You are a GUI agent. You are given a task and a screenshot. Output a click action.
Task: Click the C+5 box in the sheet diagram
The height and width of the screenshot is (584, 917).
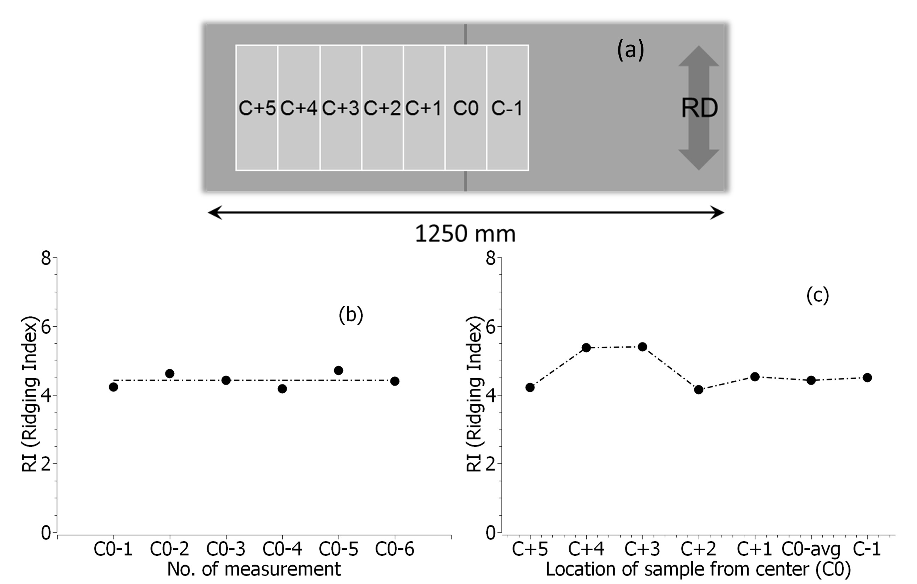point(257,108)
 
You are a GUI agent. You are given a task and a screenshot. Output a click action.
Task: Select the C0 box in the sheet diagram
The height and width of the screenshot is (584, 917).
point(465,108)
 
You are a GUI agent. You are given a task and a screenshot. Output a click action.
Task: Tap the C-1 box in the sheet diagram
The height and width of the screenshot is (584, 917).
point(507,108)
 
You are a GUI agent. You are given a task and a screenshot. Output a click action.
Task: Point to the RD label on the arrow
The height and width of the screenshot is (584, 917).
point(699,108)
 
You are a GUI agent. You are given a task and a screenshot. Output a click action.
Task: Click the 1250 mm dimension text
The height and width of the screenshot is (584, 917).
point(465,233)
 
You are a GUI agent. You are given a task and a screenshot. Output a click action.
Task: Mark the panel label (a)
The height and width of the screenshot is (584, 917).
point(630,50)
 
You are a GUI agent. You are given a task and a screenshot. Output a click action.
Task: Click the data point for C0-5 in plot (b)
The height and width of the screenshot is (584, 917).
point(338,370)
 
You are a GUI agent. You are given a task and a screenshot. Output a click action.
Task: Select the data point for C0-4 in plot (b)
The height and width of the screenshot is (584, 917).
point(282,389)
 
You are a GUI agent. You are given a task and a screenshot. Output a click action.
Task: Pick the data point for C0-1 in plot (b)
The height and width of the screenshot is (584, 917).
point(113,387)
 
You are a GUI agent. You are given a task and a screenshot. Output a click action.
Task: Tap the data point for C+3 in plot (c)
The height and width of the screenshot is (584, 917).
point(642,347)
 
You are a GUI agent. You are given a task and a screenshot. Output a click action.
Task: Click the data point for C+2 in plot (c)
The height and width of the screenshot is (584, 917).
point(699,389)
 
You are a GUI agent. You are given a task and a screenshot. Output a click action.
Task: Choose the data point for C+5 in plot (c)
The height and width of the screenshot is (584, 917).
point(530,387)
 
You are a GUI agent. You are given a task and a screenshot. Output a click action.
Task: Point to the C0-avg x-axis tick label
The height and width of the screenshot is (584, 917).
point(811,549)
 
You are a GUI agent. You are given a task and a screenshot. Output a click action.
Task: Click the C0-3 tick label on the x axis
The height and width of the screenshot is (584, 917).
point(226,549)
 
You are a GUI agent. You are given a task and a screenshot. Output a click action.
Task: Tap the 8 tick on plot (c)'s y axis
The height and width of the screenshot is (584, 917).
point(491,259)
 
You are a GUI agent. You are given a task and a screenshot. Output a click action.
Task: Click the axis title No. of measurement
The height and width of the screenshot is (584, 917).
point(254,569)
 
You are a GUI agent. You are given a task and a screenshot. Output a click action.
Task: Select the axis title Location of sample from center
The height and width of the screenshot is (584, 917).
point(698,569)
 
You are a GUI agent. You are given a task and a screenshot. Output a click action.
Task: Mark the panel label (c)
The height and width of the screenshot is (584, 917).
point(817,295)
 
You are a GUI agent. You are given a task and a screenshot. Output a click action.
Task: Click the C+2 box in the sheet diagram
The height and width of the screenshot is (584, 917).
point(382,108)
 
